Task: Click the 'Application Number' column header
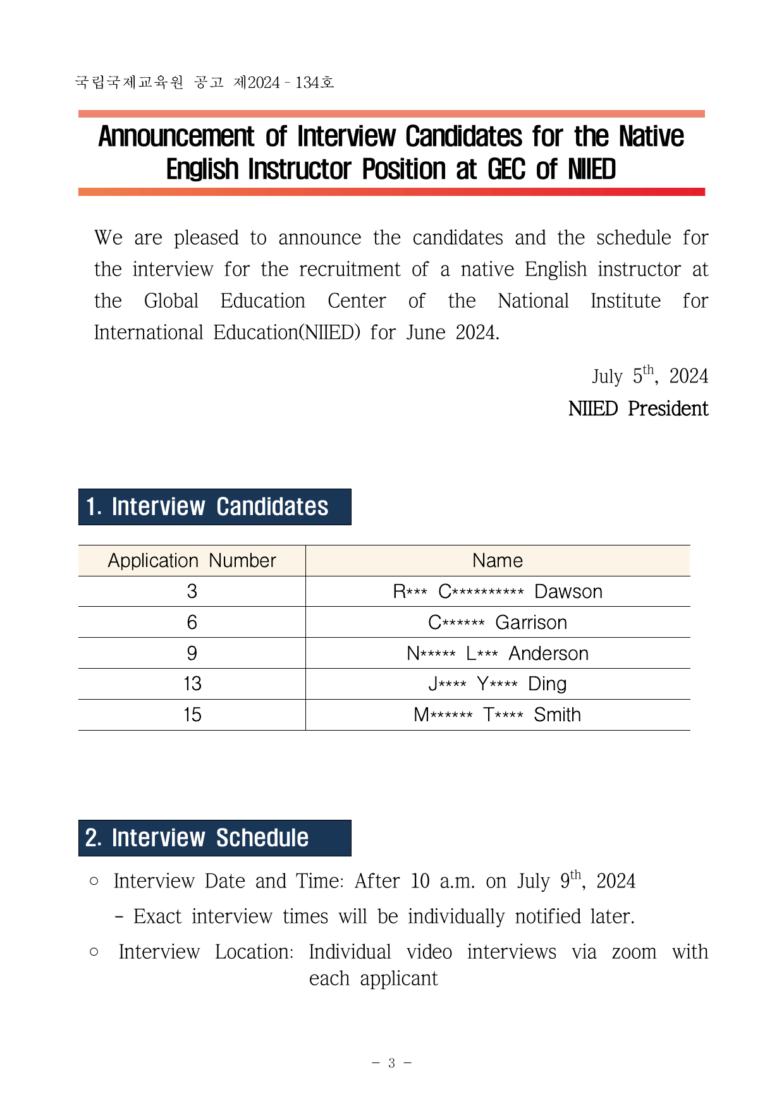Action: pos(192,561)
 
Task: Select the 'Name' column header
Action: pos(498,561)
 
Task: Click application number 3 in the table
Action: pos(192,592)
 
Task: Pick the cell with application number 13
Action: pos(192,684)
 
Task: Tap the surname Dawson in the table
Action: pos(568,592)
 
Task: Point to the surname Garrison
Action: pos(531,623)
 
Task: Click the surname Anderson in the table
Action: pos(548,654)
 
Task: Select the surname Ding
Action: pos(547,684)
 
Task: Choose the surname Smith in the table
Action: pos(557,715)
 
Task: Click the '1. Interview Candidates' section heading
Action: pos(214,507)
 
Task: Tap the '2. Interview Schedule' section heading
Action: pos(214,838)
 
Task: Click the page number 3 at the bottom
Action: pos(391,1063)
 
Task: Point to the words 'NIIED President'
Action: pos(638,409)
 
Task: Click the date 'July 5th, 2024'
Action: pos(649,376)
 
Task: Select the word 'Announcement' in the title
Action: pos(176,137)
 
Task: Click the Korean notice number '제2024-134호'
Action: pos(283,83)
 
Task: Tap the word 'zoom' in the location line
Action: pos(634,952)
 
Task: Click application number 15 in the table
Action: pos(192,715)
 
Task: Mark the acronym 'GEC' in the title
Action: pos(506,169)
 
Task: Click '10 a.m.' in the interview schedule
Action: pos(442,881)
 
